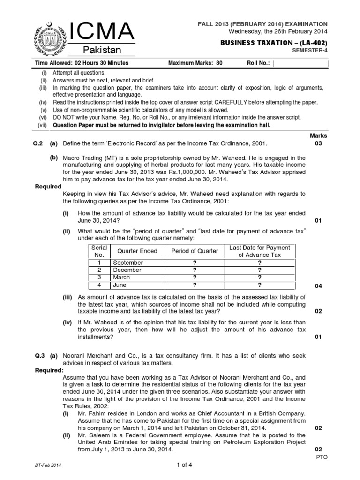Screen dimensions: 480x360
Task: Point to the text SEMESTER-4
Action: point(310,51)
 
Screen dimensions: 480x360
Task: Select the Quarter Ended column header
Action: point(137,251)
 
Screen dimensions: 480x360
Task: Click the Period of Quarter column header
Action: point(195,251)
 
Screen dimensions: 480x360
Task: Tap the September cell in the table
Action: point(127,262)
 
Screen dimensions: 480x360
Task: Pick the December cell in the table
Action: point(127,270)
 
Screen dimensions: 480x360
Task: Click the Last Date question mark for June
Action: point(259,285)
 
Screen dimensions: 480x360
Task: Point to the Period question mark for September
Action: point(195,262)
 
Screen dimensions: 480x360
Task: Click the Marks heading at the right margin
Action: point(319,135)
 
